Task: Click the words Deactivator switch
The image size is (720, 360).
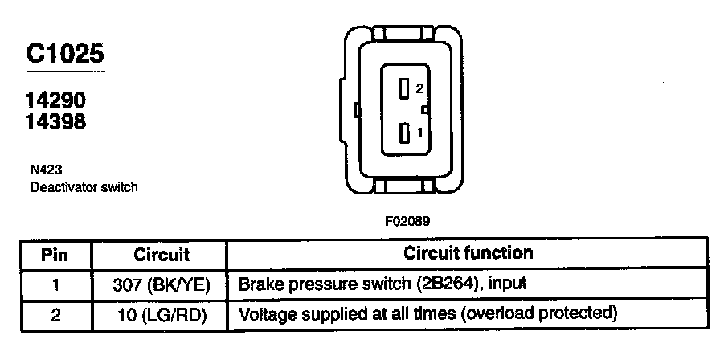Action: pyautogui.click(x=84, y=187)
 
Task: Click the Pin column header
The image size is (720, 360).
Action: pyautogui.click(x=55, y=255)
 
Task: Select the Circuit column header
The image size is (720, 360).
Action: pyautogui.click(x=161, y=255)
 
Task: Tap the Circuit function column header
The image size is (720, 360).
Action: pyautogui.click(x=468, y=253)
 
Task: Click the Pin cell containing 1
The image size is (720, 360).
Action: pyautogui.click(x=55, y=284)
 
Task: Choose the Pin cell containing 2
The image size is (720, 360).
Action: pyautogui.click(x=55, y=313)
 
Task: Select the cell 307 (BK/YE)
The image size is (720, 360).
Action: pyautogui.click(x=161, y=284)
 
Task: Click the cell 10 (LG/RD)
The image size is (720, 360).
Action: pyautogui.click(x=161, y=313)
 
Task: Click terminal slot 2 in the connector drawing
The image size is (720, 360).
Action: pyautogui.click(x=404, y=88)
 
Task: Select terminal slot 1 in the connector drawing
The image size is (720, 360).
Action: pyautogui.click(x=404, y=132)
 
